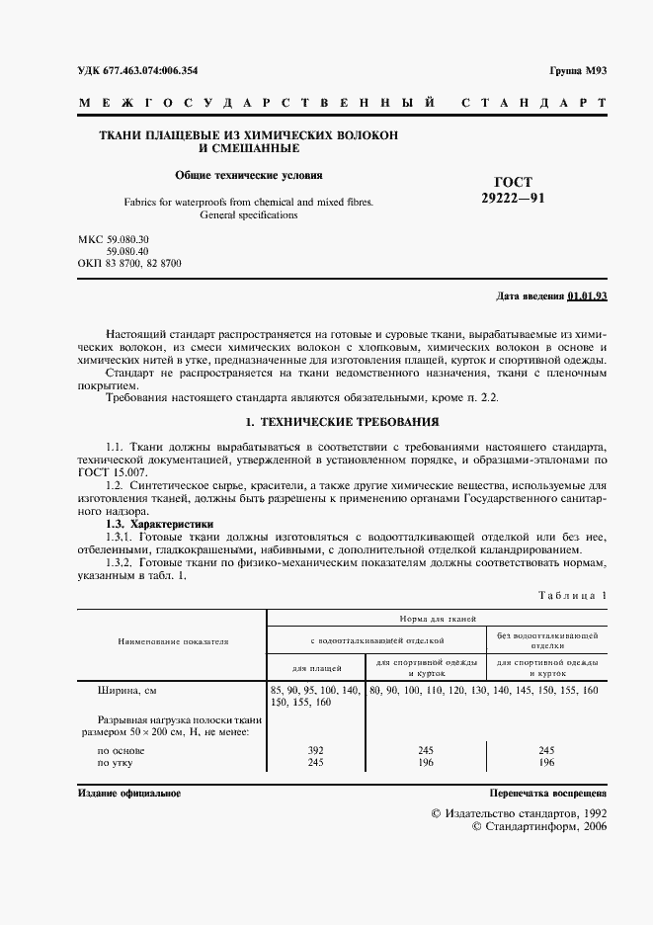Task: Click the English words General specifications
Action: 248,214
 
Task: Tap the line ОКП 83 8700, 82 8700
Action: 128,264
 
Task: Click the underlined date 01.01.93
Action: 588,296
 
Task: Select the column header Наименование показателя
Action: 173,640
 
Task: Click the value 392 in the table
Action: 317,751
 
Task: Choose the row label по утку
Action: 116,763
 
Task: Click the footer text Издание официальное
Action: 128,794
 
